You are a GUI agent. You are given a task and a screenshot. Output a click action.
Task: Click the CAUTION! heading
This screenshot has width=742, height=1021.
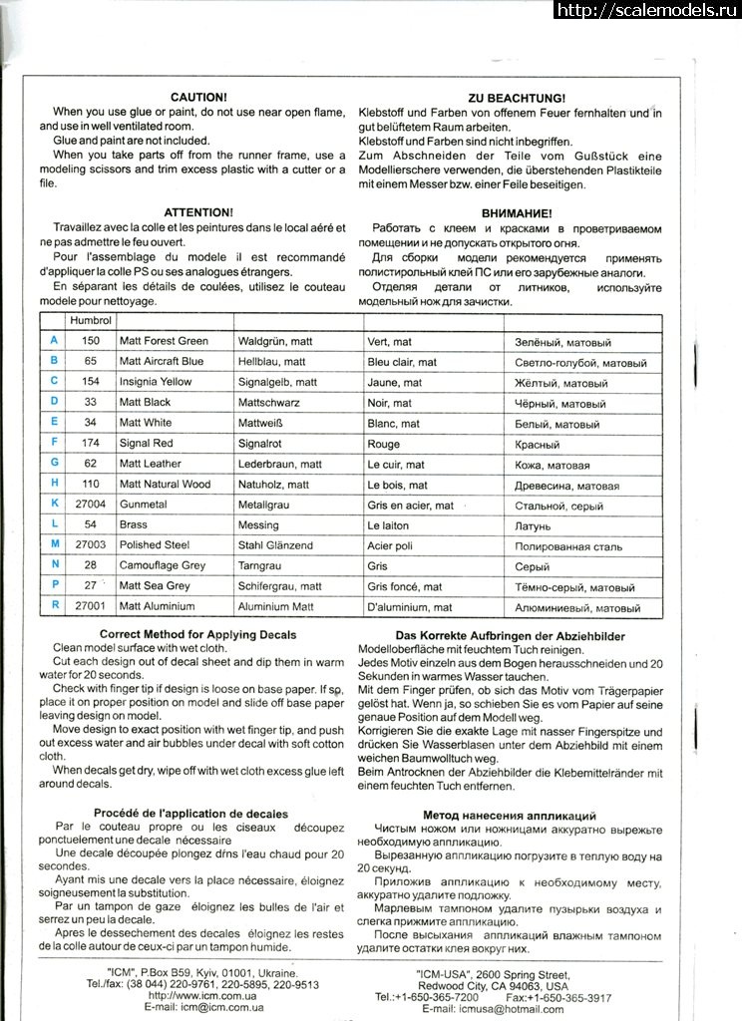pyautogui.click(x=198, y=98)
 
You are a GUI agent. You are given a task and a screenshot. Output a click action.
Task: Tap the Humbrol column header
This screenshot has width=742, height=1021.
pyautogui.click(x=89, y=321)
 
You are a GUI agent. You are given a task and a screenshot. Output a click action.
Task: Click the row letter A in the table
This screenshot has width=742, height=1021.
pyautogui.click(x=53, y=341)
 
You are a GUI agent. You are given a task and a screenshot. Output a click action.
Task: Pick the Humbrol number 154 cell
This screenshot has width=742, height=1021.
pyautogui.click(x=91, y=382)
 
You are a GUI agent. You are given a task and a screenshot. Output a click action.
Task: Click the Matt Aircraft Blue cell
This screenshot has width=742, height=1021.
pyautogui.click(x=161, y=362)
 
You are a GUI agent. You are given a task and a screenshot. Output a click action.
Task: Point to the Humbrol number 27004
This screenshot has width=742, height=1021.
pyautogui.click(x=91, y=506)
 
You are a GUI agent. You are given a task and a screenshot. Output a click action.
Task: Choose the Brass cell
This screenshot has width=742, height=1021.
pyautogui.click(x=135, y=525)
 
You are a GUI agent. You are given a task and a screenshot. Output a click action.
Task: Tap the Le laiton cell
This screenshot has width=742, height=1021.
pyautogui.click(x=388, y=525)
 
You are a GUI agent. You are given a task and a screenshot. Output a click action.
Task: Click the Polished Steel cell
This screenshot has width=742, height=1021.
pyautogui.click(x=155, y=546)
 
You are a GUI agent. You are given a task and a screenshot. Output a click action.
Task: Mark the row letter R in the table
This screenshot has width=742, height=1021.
pyautogui.click(x=54, y=606)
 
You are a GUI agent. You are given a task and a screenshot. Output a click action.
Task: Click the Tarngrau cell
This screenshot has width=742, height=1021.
pyautogui.click(x=262, y=566)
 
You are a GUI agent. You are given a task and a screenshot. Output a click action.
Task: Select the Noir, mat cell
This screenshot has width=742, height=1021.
pyautogui.click(x=389, y=403)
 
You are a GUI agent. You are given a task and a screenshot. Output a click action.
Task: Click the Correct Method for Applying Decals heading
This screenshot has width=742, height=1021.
pyautogui.click(x=197, y=635)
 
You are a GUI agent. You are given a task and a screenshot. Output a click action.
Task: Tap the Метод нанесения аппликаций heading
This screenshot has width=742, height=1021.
pyautogui.click(x=510, y=815)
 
